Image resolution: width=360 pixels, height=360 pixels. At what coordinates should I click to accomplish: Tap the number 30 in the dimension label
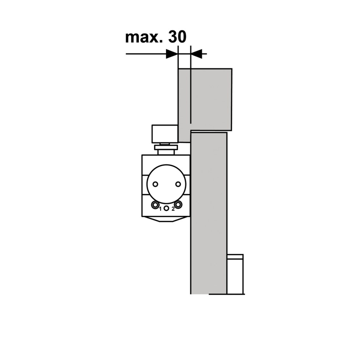click(x=177, y=37)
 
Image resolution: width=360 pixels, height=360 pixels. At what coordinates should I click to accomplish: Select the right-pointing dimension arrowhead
click(x=172, y=54)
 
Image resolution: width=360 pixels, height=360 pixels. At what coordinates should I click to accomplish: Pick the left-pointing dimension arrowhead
click(x=196, y=54)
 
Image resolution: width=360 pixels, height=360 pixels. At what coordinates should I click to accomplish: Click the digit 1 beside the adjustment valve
click(x=161, y=209)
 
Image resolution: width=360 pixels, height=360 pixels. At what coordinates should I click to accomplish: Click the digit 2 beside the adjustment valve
click(x=173, y=209)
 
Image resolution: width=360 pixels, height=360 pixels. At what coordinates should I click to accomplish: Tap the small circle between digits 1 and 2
click(x=167, y=208)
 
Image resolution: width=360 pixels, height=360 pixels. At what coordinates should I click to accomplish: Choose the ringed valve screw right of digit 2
click(x=178, y=205)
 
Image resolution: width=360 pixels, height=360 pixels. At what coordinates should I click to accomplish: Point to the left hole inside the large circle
click(x=155, y=184)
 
